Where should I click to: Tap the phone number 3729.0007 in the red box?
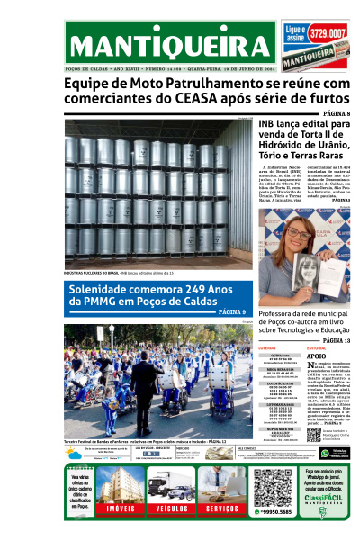pyautogui.click(x=328, y=33)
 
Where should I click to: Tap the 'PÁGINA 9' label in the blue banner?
pyautogui.click(x=231, y=311)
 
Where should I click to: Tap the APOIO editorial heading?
pyautogui.click(x=317, y=356)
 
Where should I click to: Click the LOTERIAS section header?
pyautogui.click(x=267, y=347)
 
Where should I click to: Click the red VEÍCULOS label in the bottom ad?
pyautogui.click(x=170, y=509)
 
